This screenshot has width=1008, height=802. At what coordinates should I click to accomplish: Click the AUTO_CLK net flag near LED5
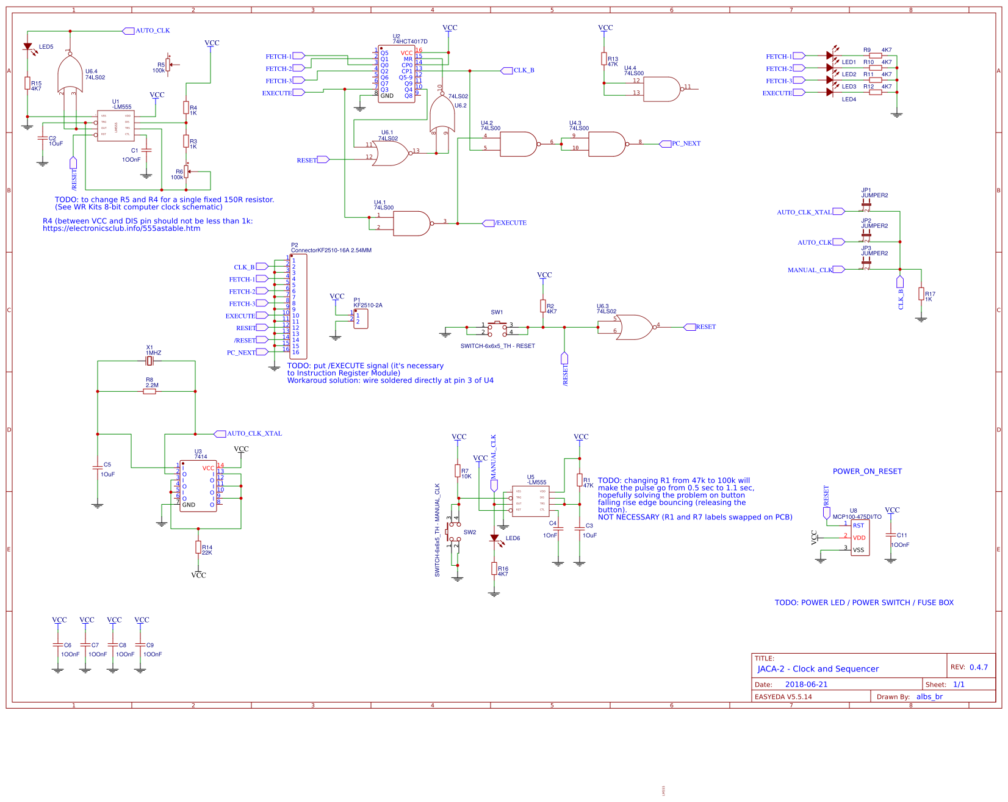129,31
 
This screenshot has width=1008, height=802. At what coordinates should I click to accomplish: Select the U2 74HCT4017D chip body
397,74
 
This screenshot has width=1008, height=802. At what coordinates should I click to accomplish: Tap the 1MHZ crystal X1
149,361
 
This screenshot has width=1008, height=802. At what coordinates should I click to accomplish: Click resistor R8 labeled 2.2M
149,391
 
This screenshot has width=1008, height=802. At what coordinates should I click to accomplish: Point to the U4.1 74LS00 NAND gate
412,223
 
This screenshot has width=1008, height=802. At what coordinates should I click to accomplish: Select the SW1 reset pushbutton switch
497,328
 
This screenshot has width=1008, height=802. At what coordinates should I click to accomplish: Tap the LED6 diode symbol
494,538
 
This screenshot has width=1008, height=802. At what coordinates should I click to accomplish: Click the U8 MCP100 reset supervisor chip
860,538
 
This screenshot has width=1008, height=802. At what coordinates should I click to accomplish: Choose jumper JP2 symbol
866,234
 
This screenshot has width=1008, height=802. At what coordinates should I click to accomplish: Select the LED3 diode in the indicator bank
830,80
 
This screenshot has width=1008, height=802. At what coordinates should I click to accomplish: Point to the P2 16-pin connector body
298,306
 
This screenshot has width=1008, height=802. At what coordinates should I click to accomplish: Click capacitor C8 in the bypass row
113,645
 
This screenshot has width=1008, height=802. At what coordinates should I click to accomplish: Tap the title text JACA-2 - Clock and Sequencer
818,669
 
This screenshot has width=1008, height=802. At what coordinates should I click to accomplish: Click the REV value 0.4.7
978,667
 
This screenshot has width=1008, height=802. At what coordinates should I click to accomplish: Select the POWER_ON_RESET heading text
867,471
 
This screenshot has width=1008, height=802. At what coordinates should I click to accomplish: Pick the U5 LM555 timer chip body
530,501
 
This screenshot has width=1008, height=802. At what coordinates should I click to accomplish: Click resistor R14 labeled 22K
198,547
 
